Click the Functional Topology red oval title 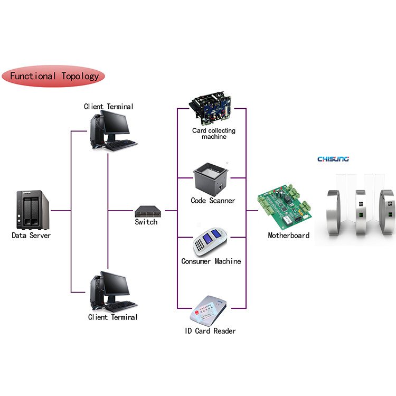click(54, 76)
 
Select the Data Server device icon click(33, 210)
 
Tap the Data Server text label click(31, 235)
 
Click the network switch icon click(146, 211)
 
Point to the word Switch click(146, 222)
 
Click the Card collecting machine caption click(214, 134)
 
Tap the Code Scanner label click(213, 201)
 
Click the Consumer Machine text click(211, 261)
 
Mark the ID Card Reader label click(210, 331)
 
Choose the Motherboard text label click(288, 235)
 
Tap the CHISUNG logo click(333, 158)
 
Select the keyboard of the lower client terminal click(121, 306)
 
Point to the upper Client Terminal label click(109, 107)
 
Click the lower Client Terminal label click(112, 317)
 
